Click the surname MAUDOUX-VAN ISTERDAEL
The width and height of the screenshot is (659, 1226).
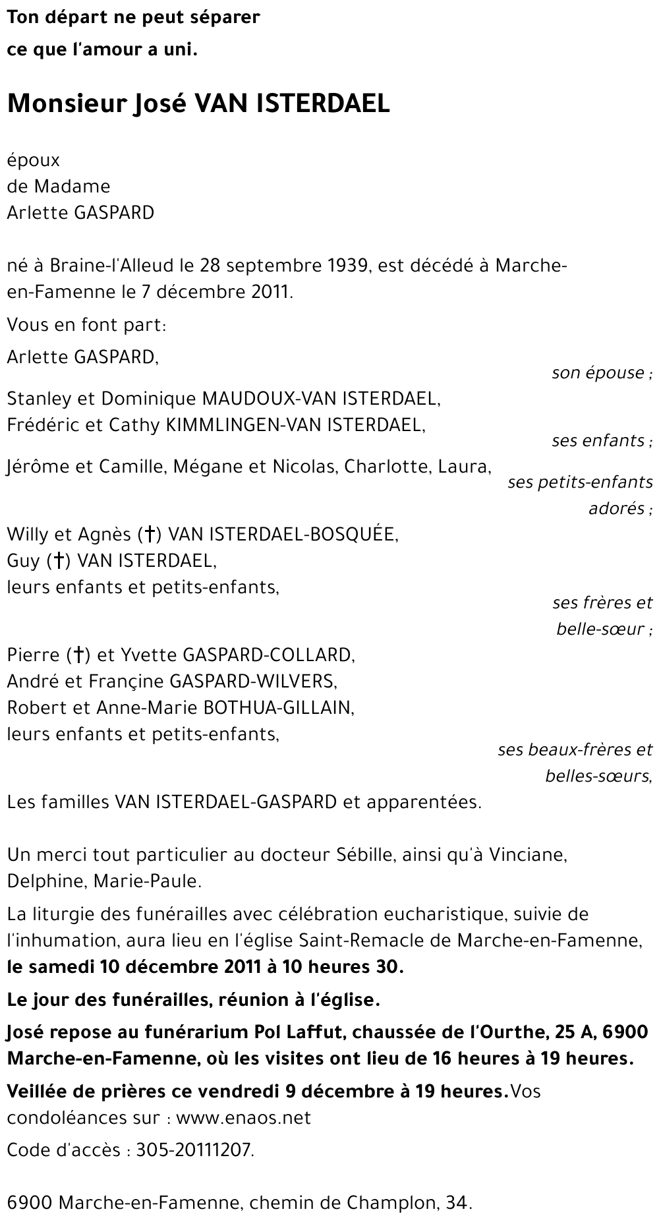point(321,399)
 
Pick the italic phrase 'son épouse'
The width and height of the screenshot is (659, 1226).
point(598,373)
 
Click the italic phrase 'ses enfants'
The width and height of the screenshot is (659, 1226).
point(598,440)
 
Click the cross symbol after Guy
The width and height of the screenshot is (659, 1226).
point(59,561)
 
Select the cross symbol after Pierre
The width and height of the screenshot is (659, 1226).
point(78,655)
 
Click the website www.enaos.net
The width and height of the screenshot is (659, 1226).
point(243,1118)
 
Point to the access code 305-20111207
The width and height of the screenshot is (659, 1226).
point(194,1151)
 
